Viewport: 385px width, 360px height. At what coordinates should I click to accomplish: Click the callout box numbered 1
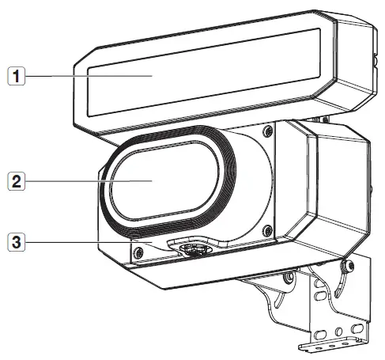pyautogui.click(x=17, y=76)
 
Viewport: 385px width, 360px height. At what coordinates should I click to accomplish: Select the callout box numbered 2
pyautogui.click(x=17, y=181)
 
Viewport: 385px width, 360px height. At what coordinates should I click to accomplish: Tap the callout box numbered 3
pyautogui.click(x=17, y=242)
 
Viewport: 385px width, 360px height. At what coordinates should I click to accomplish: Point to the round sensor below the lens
pyautogui.click(x=194, y=249)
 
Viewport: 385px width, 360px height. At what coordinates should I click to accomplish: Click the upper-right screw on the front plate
pyautogui.click(x=268, y=131)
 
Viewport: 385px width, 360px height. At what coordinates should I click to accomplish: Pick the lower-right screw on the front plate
pyautogui.click(x=268, y=231)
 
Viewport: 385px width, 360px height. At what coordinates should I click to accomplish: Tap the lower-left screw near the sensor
pyautogui.click(x=138, y=253)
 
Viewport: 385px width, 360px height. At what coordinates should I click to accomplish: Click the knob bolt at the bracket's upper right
pyautogui.click(x=346, y=267)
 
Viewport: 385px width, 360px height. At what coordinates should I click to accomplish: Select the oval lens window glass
pyautogui.click(x=164, y=180)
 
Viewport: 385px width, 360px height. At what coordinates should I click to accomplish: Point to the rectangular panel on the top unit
pyautogui.click(x=204, y=72)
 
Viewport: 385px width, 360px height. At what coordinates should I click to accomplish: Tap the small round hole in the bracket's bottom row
pyautogui.click(x=339, y=332)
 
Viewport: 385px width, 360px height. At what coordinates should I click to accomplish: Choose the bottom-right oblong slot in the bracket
pyautogui.click(x=357, y=328)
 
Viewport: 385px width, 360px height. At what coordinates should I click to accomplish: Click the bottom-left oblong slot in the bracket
pyautogui.click(x=320, y=335)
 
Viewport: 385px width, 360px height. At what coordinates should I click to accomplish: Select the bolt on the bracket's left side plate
pyautogui.click(x=289, y=278)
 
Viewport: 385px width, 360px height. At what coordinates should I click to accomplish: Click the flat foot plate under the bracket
pyautogui.click(x=333, y=346)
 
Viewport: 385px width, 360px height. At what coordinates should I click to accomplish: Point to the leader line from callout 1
pyautogui.click(x=89, y=76)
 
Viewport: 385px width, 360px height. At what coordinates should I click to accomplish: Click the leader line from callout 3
pyautogui.click(x=89, y=242)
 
